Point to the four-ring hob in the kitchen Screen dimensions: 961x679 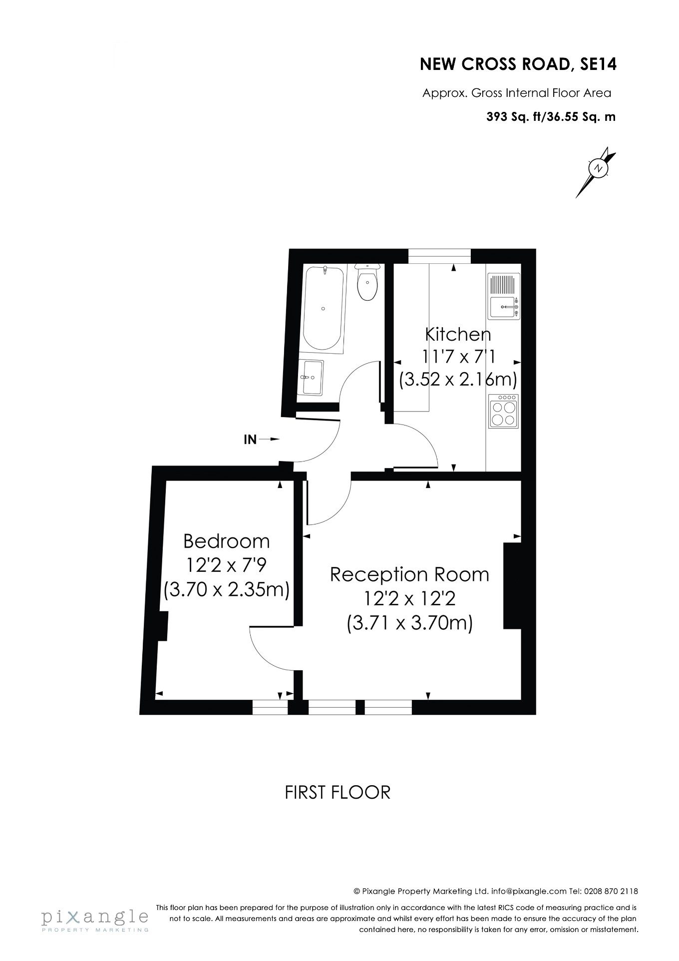click(x=503, y=412)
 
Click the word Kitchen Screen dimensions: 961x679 click(x=458, y=334)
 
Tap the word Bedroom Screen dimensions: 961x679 click(x=227, y=541)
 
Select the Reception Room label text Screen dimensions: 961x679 click(x=409, y=574)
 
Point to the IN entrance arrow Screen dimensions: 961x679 click(x=261, y=440)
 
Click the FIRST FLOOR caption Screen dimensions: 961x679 click(x=338, y=792)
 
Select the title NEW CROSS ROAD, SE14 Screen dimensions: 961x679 click(x=518, y=64)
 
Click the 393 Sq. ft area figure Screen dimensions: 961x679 click(x=514, y=117)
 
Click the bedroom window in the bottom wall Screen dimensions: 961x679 click(x=270, y=707)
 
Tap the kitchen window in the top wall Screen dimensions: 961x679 click(x=439, y=256)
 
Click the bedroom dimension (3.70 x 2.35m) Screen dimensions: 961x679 click(x=227, y=590)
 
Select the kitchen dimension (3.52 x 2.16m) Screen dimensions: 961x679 click(x=458, y=379)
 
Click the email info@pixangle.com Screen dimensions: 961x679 click(x=529, y=891)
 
